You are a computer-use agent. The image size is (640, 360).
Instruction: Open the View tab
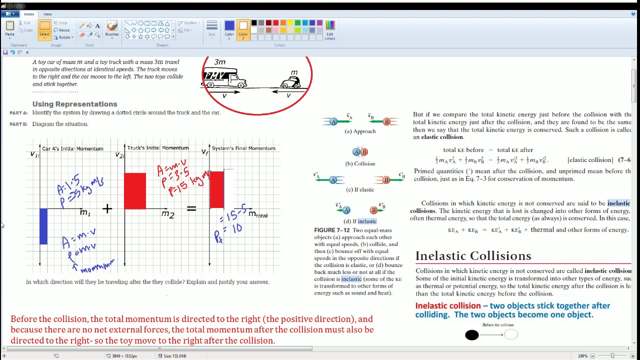pos(47,14)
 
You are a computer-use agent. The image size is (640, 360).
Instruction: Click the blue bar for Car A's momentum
pos(43,226)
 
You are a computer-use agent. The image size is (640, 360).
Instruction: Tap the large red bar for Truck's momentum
pos(135,191)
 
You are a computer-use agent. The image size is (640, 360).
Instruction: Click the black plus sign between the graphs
pos(107,208)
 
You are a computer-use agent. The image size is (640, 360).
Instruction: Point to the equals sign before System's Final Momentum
pos(191,208)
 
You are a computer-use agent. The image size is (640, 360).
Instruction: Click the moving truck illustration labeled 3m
pos(224,78)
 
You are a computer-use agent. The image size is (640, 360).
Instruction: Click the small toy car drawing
pos(291,81)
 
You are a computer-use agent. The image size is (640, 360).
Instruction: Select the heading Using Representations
pos(75,104)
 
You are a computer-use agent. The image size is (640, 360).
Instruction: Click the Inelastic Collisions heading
pos(473,256)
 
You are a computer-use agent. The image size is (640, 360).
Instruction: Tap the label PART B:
pos(18,124)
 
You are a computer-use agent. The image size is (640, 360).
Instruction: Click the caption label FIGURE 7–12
pos(332,230)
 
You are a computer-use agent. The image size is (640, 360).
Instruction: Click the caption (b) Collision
pos(360,163)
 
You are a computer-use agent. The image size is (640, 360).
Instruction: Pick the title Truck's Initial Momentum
pos(158,148)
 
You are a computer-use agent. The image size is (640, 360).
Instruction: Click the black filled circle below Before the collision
pos(471,335)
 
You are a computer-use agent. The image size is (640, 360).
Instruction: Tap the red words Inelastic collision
pos(447,305)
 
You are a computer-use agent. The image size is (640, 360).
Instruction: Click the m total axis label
pos(258,214)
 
